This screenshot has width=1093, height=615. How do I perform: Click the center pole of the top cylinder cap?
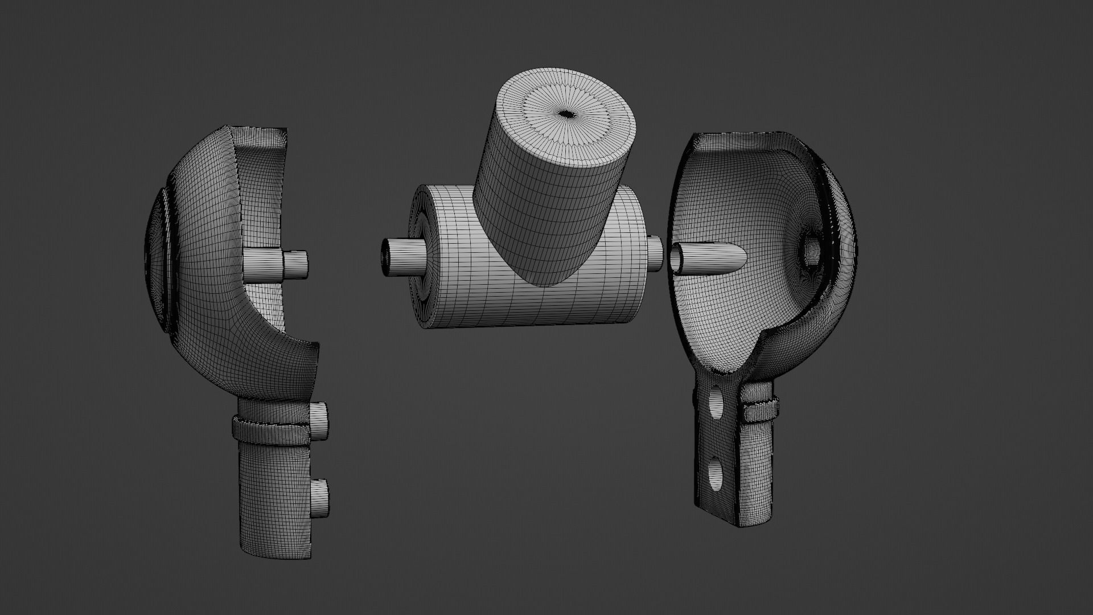pyautogui.click(x=566, y=114)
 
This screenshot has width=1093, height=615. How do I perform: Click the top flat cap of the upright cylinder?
pyautogui.click(x=566, y=117)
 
